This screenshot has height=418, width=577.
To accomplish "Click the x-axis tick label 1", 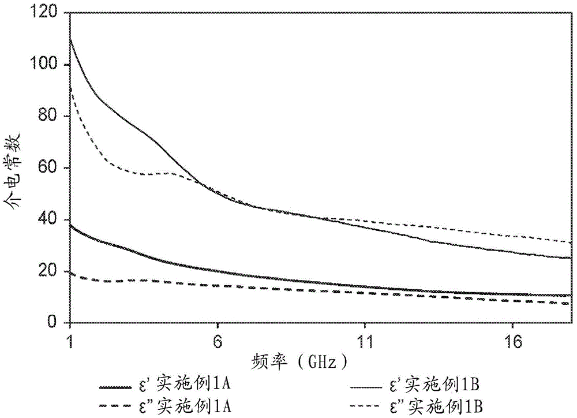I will coord(70,341).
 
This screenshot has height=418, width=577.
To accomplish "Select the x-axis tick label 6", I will coord(217,341).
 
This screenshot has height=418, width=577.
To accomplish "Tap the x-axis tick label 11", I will coord(364,341).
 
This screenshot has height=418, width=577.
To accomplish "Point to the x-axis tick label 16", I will coord(512,341).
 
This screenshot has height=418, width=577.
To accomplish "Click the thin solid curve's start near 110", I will coord(70,39).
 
